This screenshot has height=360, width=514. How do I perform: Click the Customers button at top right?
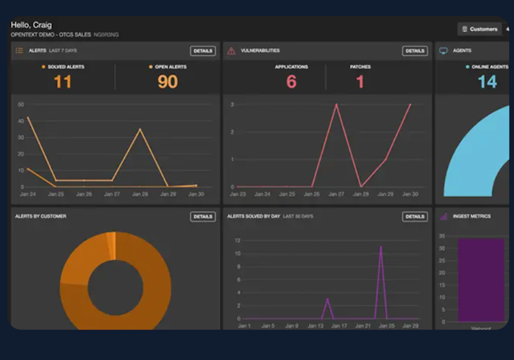coord(480,29)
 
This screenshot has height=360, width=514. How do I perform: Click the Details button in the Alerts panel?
coord(203,51)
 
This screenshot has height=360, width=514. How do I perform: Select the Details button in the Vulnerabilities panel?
coord(415,51)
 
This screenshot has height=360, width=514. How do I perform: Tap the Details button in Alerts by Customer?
coord(203,217)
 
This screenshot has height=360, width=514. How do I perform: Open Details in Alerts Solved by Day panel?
coord(415,217)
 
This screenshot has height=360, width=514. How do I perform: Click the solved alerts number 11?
coord(62,82)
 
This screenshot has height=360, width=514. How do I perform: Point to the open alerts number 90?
coord(167,82)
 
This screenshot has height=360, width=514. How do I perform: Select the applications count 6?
coord(291,82)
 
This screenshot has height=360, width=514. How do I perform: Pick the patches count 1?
coord(360,82)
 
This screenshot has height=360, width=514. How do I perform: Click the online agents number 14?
coord(487,82)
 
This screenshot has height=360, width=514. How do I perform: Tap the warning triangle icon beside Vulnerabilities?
coord(231,51)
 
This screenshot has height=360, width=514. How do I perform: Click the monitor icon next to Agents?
coord(444,51)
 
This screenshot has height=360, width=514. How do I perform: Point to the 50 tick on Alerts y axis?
coord(21,105)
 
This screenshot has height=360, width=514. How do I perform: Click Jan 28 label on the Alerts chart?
coord(140,194)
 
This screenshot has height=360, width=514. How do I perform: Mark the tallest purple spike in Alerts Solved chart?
coord(380,247)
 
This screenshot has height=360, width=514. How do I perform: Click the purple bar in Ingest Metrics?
coord(481,280)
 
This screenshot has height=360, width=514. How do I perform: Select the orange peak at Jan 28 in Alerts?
coord(140,130)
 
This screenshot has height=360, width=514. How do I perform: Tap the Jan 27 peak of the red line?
coord(336,105)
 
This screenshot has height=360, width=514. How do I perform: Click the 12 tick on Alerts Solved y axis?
coord(237,240)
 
